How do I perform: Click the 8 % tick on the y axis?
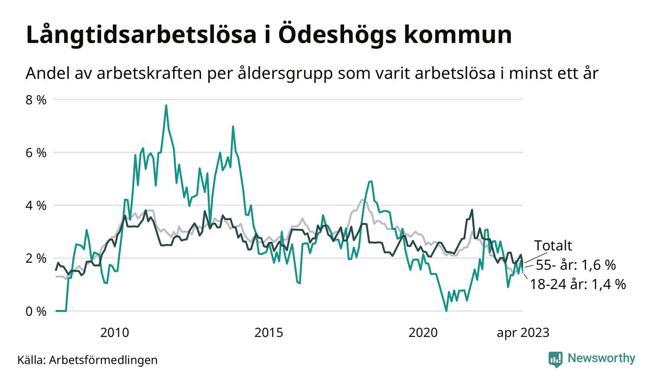35,100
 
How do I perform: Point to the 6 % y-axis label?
35,153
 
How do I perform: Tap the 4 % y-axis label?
35,205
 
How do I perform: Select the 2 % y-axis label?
35,258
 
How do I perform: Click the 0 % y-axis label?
35,311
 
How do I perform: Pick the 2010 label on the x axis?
115,333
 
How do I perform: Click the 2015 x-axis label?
269,333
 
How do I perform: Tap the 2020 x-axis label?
423,333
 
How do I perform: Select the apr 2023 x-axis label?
523,333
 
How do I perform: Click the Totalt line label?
553,246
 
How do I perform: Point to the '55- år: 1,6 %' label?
575,265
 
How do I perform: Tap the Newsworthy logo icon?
555,359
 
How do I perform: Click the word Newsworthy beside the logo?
601,358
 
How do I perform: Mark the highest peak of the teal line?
166,105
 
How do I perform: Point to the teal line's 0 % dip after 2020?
446,311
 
